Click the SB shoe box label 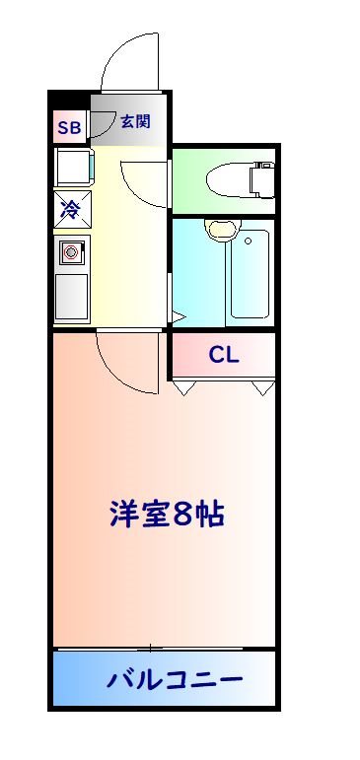(70, 127)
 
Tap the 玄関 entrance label (135, 122)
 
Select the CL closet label (224, 356)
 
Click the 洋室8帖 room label (167, 514)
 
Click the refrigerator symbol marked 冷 (71, 208)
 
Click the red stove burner (71, 253)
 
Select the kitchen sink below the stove (71, 295)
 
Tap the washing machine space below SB (73, 167)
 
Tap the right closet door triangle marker (263, 388)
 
